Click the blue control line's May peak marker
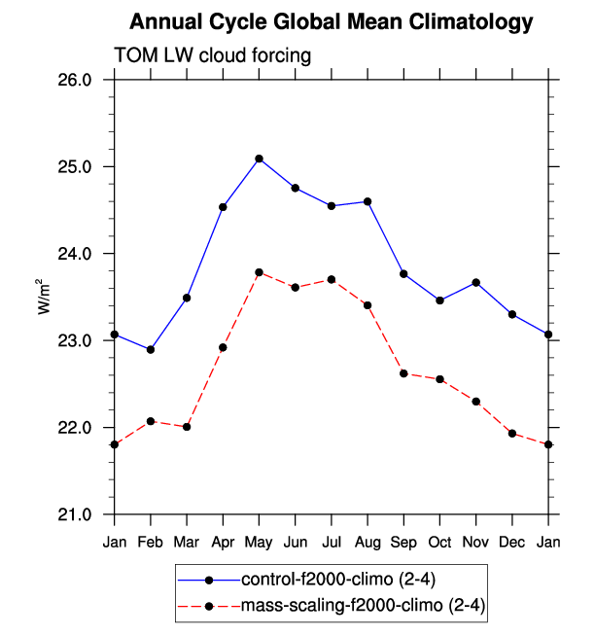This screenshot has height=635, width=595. (259, 159)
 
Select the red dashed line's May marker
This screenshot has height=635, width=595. (259, 272)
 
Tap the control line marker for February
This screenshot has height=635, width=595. (151, 349)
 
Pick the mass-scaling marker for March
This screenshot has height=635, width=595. (187, 427)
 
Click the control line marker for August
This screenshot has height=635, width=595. (367, 201)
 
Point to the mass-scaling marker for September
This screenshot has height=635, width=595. (403, 373)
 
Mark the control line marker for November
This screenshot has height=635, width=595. (476, 282)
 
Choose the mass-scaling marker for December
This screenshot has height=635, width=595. (512, 433)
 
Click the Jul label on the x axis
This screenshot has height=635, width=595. (332, 541)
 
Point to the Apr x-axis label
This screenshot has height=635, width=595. (223, 541)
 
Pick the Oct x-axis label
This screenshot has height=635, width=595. (440, 541)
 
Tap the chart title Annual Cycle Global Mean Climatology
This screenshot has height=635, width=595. (332, 21)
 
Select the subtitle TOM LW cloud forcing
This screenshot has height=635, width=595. (213, 55)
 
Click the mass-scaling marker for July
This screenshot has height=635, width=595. (332, 279)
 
